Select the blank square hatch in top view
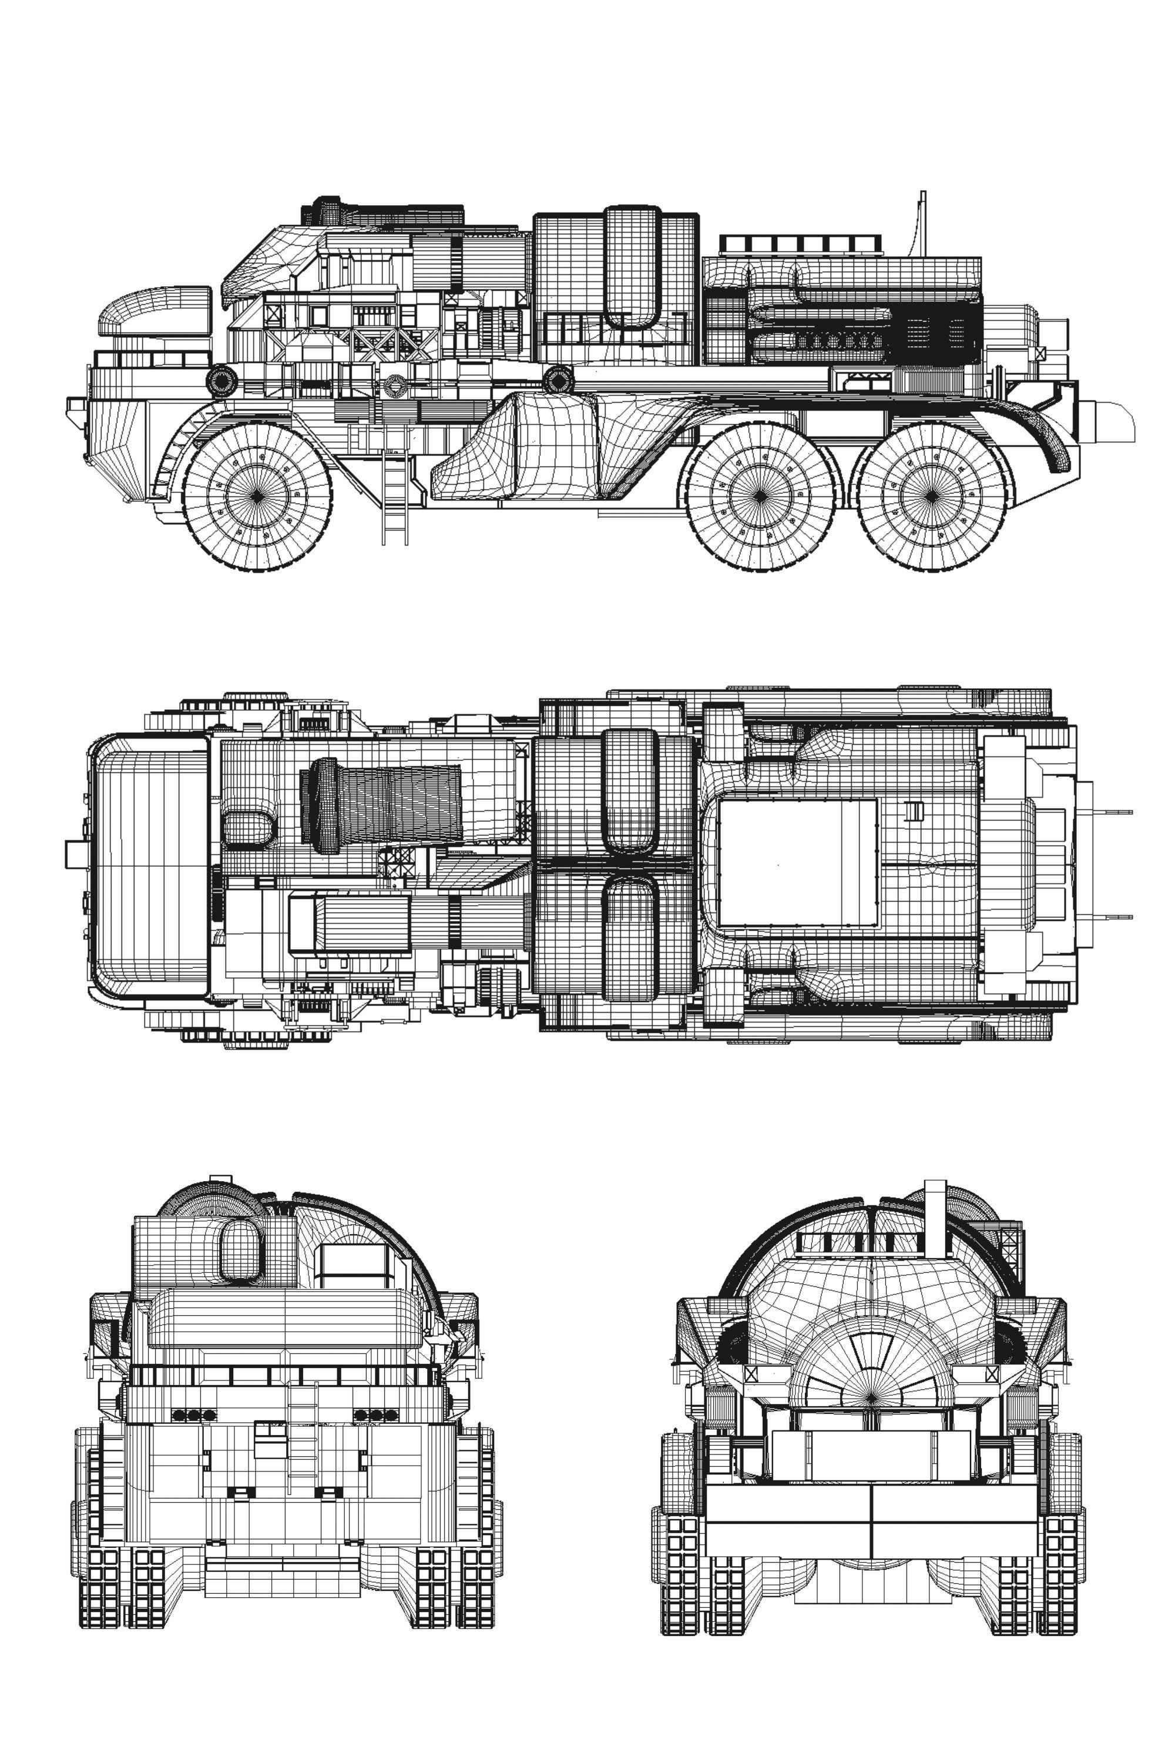coord(797,862)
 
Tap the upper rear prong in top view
coord(1113,811)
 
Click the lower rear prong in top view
coord(1113,916)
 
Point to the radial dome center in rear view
coord(871,1396)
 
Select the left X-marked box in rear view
coord(751,1374)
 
